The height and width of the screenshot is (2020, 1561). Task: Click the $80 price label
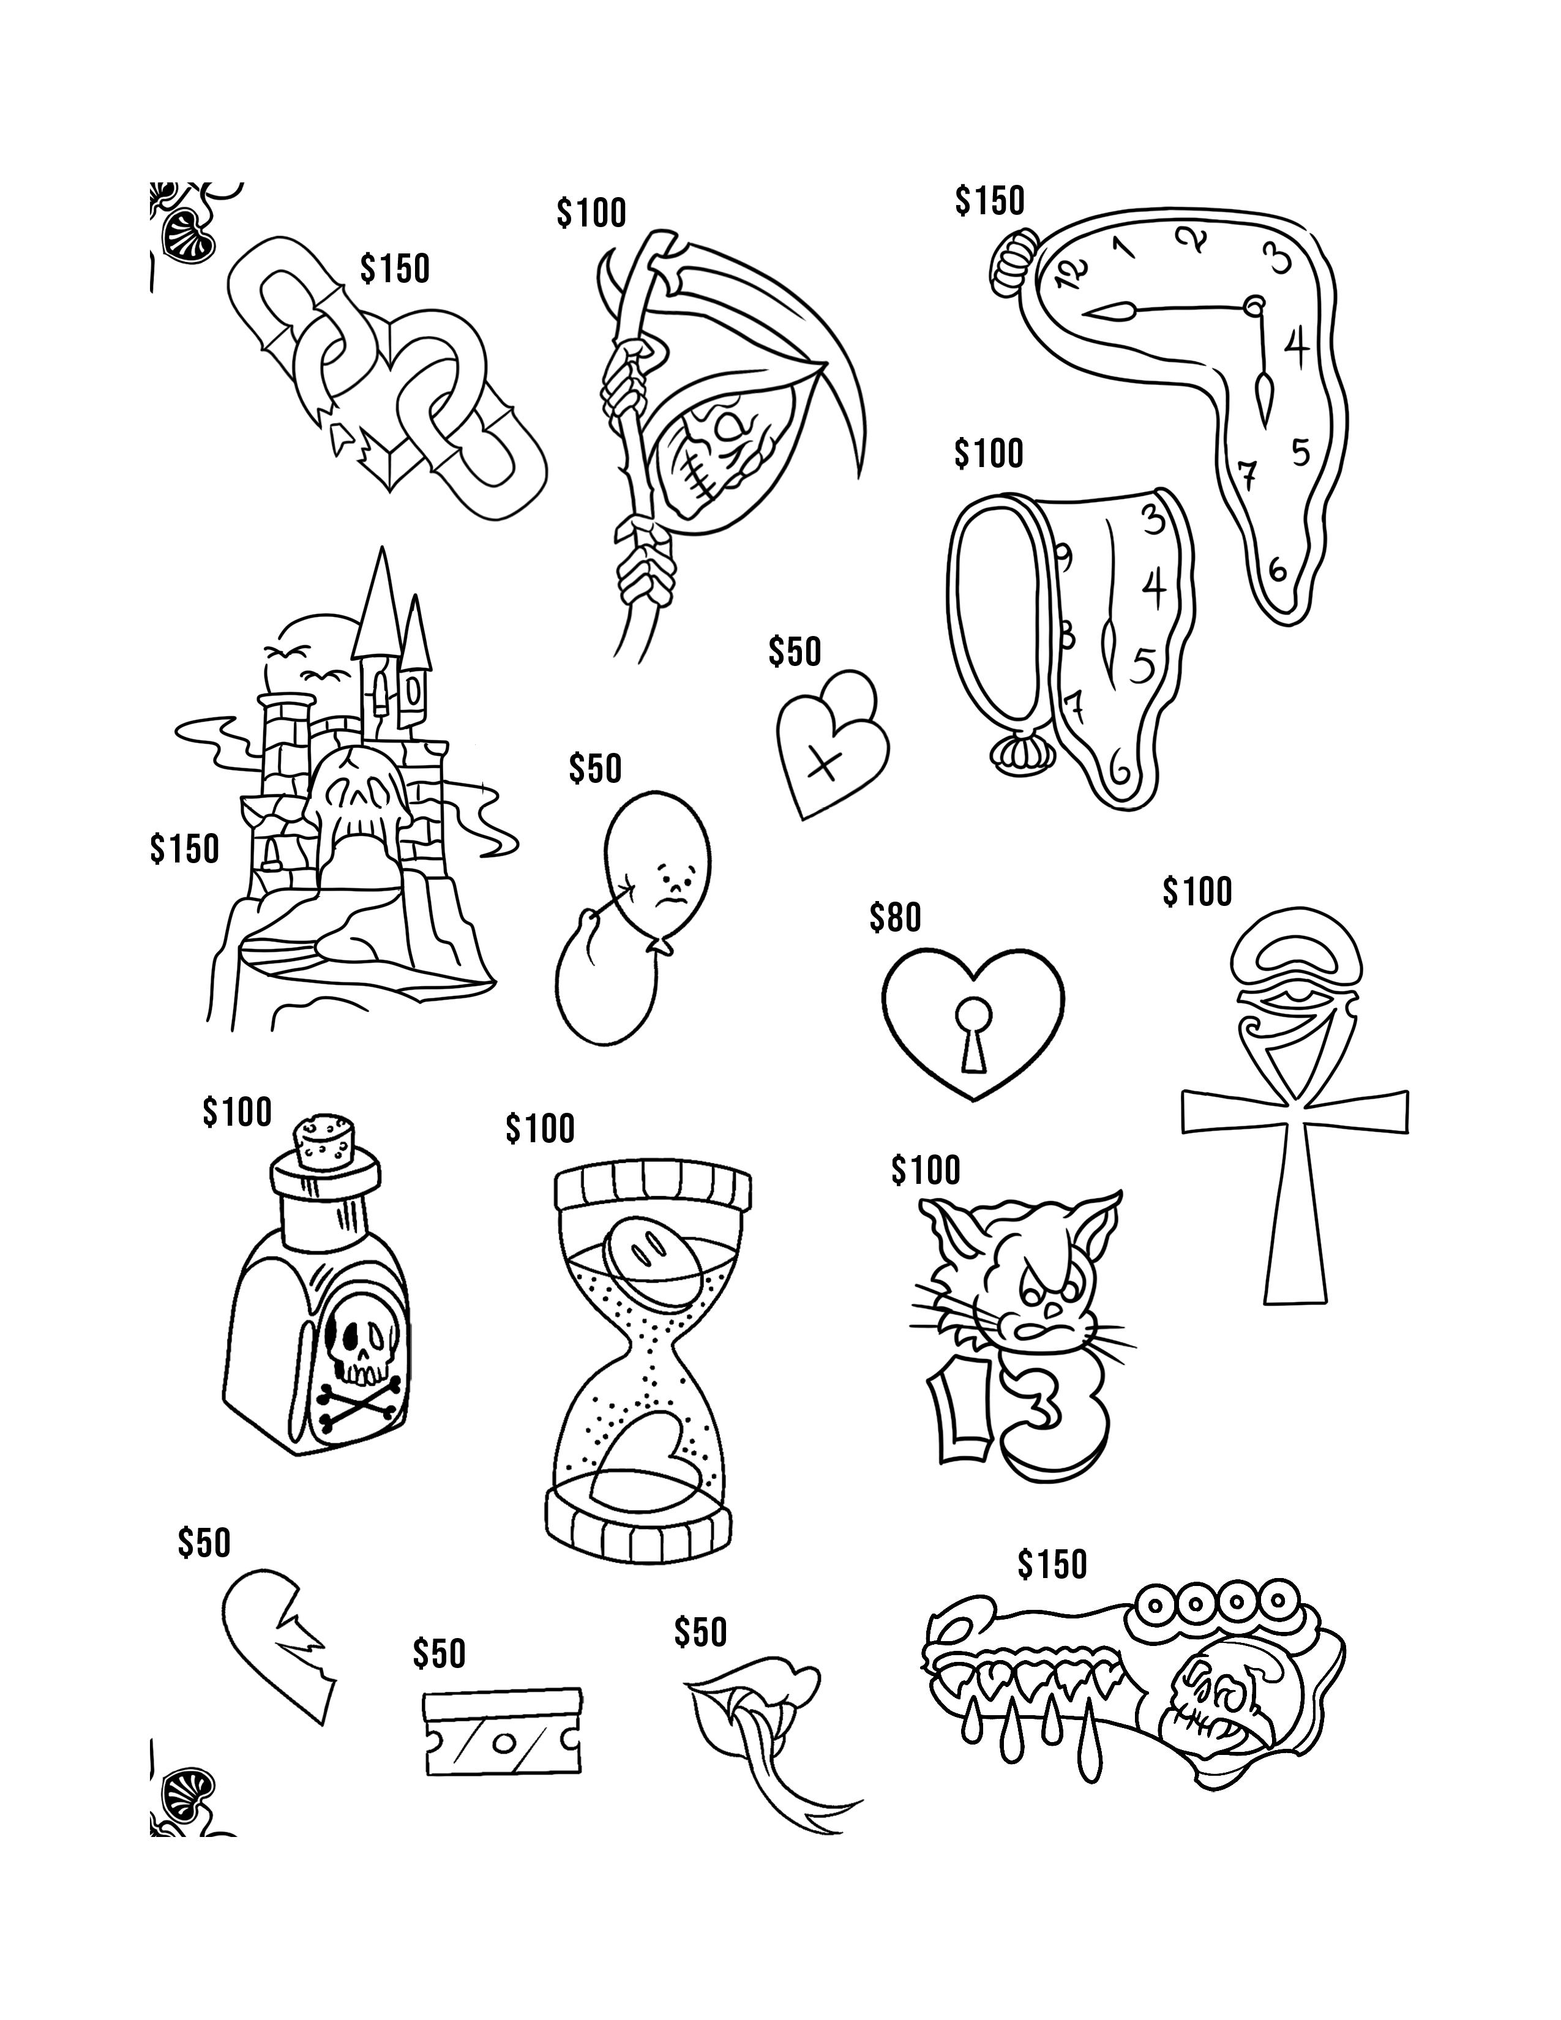point(895,918)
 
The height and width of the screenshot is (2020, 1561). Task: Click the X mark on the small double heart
point(826,762)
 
